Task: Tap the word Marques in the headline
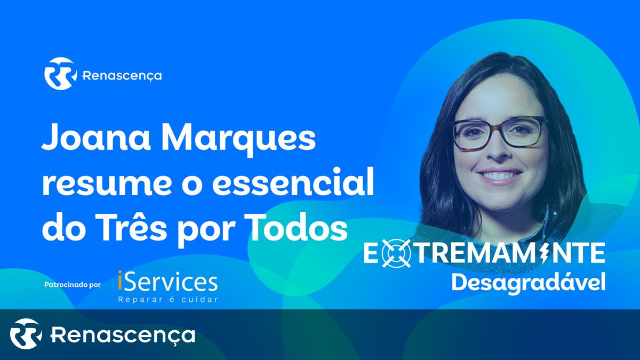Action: click(239, 140)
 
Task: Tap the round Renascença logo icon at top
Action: click(60, 74)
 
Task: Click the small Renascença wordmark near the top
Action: click(122, 76)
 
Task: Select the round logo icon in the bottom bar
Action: click(26, 334)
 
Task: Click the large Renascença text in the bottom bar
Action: click(123, 335)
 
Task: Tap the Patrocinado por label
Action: click(73, 285)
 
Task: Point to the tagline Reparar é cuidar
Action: click(168, 299)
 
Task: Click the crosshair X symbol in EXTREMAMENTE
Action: click(396, 253)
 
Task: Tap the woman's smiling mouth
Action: click(500, 175)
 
